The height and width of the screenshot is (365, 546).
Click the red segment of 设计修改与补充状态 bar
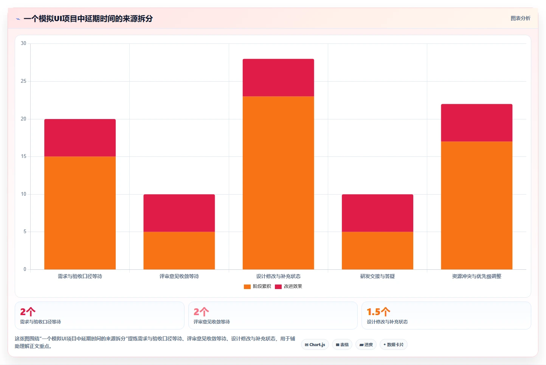(278, 78)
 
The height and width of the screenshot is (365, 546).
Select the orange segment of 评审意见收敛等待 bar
(179, 251)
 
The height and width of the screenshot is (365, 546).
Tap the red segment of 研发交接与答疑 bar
(377, 213)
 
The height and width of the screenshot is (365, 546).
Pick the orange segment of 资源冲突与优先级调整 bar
(476, 205)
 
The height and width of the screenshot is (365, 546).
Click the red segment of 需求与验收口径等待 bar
(80, 138)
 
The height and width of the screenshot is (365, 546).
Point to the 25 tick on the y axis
(23, 81)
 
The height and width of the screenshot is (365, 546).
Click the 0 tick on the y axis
(25, 269)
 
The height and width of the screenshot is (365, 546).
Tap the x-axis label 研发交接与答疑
(377, 276)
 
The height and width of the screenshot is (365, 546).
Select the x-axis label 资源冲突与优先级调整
(476, 276)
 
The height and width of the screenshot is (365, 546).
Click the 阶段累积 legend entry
(257, 286)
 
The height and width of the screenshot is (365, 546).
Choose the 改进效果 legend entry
(289, 286)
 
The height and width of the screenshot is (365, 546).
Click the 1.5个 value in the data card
(378, 312)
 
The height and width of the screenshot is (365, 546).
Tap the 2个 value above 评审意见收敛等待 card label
(201, 312)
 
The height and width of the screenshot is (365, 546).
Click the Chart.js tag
(315, 345)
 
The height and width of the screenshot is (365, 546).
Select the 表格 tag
(342, 345)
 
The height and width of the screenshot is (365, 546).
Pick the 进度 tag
(366, 345)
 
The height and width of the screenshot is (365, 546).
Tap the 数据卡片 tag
(393, 345)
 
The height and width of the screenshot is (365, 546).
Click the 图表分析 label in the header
(520, 18)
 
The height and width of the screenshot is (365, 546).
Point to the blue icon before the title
(18, 19)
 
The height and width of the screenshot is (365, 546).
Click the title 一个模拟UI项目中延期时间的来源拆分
(88, 19)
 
